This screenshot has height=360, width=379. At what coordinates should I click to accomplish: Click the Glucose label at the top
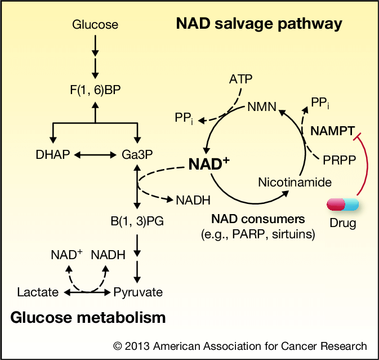95,24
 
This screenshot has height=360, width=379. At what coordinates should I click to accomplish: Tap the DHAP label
50,154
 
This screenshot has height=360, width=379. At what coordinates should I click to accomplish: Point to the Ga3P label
137,154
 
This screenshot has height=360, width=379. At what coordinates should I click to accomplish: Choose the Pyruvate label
138,292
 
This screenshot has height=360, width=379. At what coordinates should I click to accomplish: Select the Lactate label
38,292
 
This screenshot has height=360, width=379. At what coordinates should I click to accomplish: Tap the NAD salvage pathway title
259,24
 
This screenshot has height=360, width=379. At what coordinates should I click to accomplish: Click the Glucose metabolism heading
88,318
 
